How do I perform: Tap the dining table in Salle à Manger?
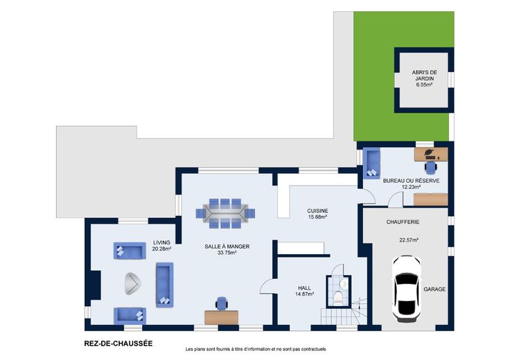click(225, 213)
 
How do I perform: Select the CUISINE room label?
click(317, 211)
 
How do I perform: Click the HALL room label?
click(304, 288)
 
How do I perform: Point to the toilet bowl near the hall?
click(338, 298)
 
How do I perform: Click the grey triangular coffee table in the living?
click(133, 283)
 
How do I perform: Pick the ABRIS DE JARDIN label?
click(425, 75)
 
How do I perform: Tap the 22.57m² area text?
click(409, 240)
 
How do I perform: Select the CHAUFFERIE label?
click(403, 222)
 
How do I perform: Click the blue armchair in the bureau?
click(371, 163)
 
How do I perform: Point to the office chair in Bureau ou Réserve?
click(431, 166)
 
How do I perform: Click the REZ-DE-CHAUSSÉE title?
click(118, 343)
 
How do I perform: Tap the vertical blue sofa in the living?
click(165, 285)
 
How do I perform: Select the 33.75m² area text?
click(227, 253)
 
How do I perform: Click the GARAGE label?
click(434, 289)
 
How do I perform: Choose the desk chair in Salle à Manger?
click(222, 303)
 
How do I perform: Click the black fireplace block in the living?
click(95, 285)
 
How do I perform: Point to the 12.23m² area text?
click(411, 187)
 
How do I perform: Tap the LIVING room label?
click(161, 243)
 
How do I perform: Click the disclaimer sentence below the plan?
click(256, 350)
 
